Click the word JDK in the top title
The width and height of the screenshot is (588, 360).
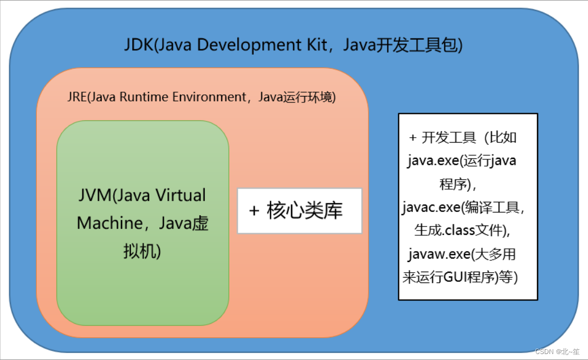(139, 45)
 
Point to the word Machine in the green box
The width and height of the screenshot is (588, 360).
(107, 223)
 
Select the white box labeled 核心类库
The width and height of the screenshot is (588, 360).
(300, 211)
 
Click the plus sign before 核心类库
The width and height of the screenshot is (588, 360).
(254, 211)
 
